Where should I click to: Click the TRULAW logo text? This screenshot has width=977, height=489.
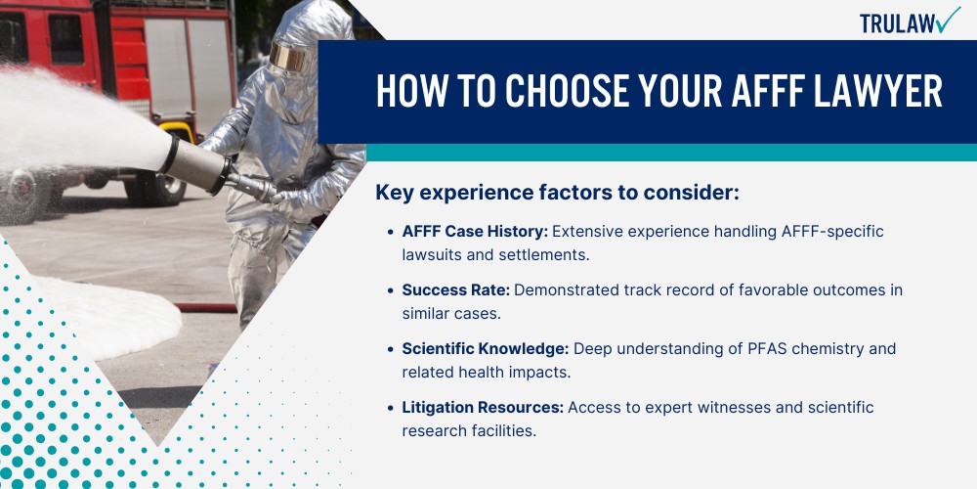(x=897, y=23)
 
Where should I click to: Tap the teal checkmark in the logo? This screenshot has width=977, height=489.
(x=948, y=20)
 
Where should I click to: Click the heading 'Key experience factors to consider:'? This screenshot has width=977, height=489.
(x=557, y=194)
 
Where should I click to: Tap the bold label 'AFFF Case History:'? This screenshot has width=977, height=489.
(x=475, y=232)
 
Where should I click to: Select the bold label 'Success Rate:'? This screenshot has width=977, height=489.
(x=456, y=290)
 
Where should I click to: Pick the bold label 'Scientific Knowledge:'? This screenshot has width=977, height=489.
(x=486, y=349)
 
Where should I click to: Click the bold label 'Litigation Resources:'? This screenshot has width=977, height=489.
(x=483, y=407)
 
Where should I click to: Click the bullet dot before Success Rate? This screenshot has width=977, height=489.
(x=390, y=290)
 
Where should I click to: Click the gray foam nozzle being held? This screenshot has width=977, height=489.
(x=197, y=164)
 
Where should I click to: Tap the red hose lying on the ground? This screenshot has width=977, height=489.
(x=206, y=307)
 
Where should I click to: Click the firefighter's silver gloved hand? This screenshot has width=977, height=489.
(x=290, y=198)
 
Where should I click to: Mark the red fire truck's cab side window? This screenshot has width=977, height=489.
(x=66, y=39)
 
